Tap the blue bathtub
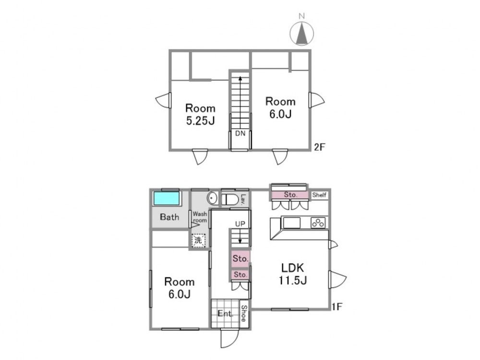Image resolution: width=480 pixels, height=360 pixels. point(166,198)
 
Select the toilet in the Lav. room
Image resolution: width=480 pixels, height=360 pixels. point(230,199)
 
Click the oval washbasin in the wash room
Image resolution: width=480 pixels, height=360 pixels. point(212,198)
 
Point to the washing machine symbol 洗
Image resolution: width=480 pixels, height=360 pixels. point(198,240)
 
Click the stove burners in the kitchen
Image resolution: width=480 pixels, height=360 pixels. point(318,223)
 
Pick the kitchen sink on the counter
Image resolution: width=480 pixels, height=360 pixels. point(292,223)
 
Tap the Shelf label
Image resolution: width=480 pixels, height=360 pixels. point(319,195)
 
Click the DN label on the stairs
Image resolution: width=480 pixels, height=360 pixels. point(240,133)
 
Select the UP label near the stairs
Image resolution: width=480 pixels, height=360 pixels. point(240,224)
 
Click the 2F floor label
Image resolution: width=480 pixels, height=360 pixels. point(319,147)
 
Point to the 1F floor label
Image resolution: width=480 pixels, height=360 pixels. point(337,306)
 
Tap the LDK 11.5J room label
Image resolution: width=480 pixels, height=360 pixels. point(293,274)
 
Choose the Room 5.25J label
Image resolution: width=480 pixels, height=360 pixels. point(201,115)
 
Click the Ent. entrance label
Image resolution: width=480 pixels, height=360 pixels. point(226,313)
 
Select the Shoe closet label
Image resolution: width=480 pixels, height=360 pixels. point(244,314)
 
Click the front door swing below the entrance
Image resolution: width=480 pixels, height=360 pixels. point(229,338)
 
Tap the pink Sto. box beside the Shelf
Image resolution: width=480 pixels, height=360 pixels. point(290,195)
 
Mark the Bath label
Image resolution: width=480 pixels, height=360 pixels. point(169,217)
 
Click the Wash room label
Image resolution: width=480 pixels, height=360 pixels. point(200,217)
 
